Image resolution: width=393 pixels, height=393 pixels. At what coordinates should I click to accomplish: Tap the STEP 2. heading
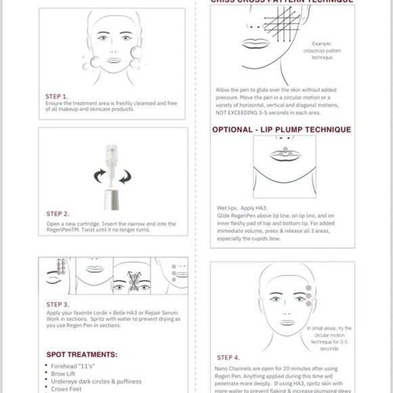(57, 214)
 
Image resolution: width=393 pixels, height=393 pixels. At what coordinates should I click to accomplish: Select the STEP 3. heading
(57, 305)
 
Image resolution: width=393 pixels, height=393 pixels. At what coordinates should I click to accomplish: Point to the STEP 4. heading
(228, 356)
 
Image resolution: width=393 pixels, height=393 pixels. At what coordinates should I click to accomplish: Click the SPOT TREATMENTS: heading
(81, 354)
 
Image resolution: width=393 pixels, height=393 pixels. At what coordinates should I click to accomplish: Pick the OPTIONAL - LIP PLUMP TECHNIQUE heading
(281, 129)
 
